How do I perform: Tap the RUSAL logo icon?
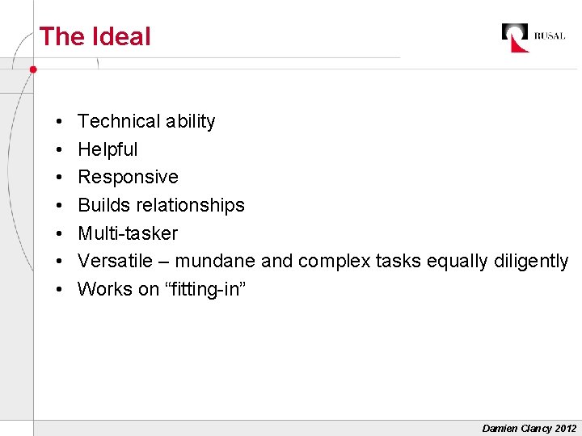click(515, 37)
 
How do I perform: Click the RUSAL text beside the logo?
click(550, 36)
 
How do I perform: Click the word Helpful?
click(108, 149)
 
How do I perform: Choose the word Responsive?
click(128, 177)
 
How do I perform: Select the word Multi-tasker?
click(128, 233)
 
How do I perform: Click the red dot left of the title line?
click(33, 69)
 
